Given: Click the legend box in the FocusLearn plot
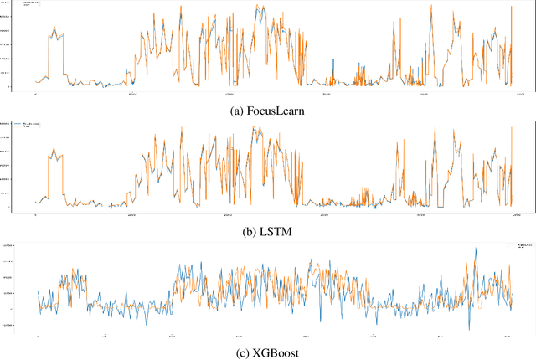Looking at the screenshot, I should pyautogui.click(x=33, y=7).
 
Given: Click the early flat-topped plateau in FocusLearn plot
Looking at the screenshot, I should pyautogui.click(x=55, y=34).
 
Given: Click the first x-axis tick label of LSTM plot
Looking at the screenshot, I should pyautogui.click(x=35, y=213).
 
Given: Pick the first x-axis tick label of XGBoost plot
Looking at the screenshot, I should pyautogui.click(x=38, y=337).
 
